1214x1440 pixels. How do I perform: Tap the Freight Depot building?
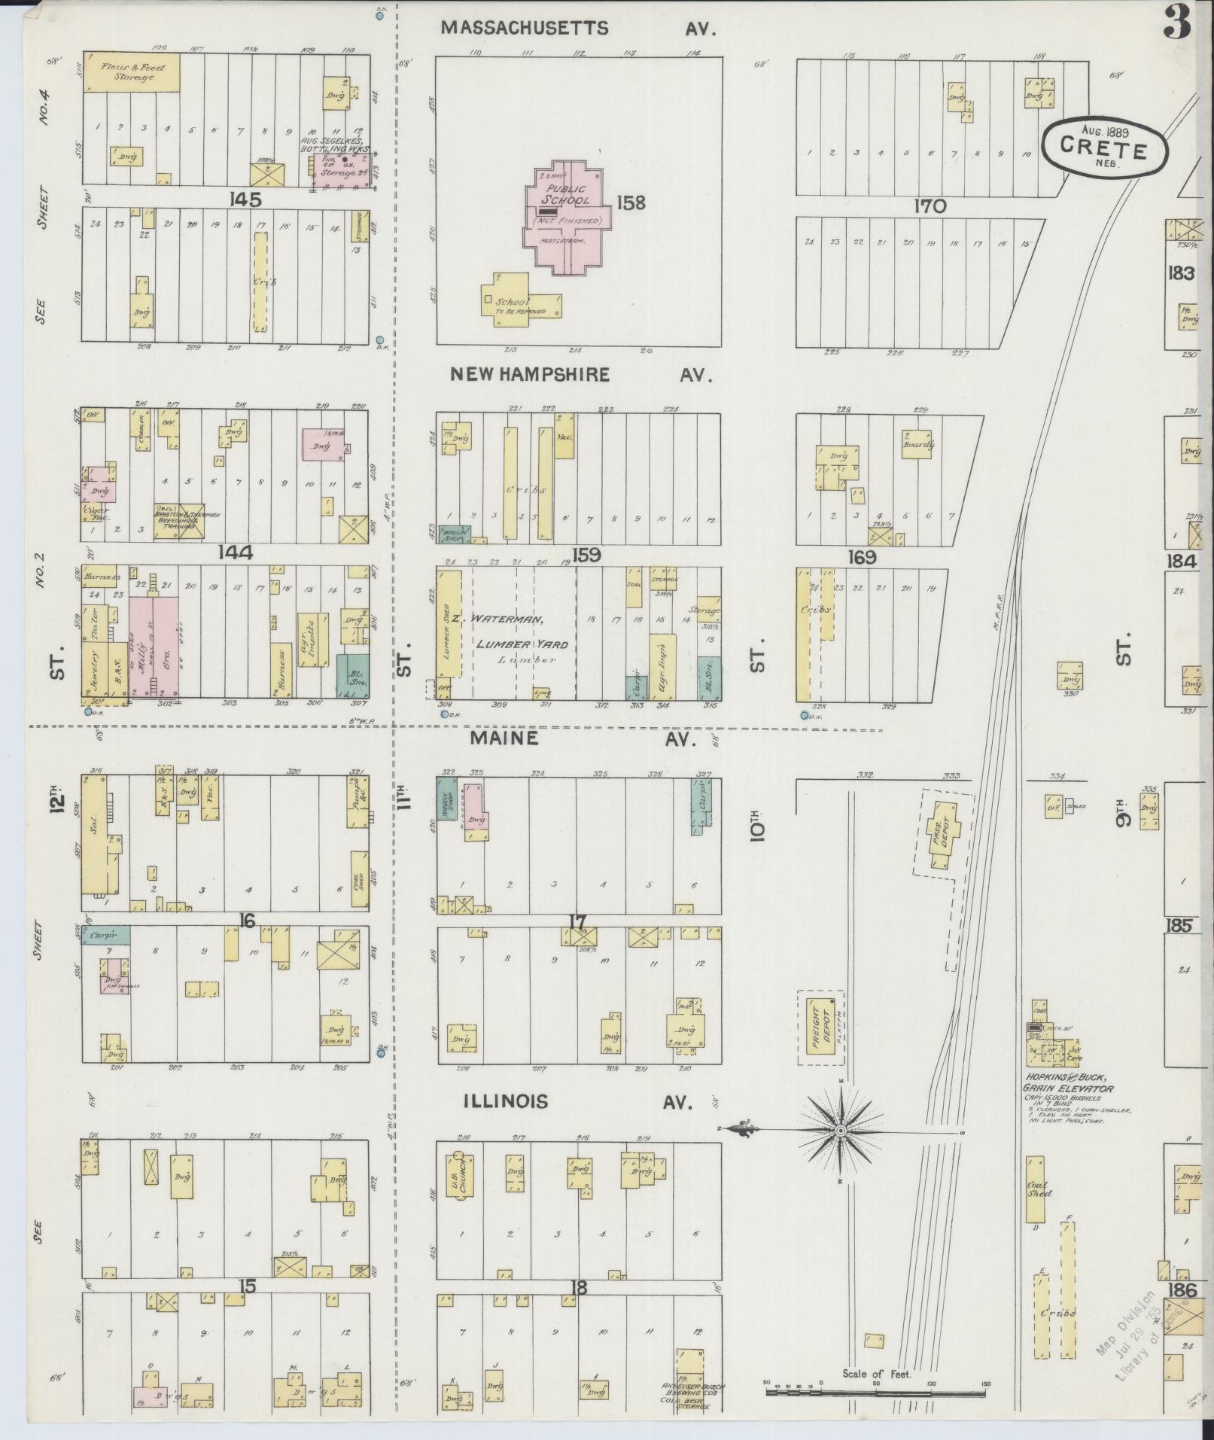pyautogui.click(x=817, y=1031)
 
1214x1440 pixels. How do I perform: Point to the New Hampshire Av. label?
pyautogui.click(x=581, y=375)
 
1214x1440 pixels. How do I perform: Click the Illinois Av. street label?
pyautogui.click(x=577, y=1102)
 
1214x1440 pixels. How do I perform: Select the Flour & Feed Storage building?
pyautogui.click(x=133, y=72)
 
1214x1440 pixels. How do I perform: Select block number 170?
pyautogui.click(x=930, y=206)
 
